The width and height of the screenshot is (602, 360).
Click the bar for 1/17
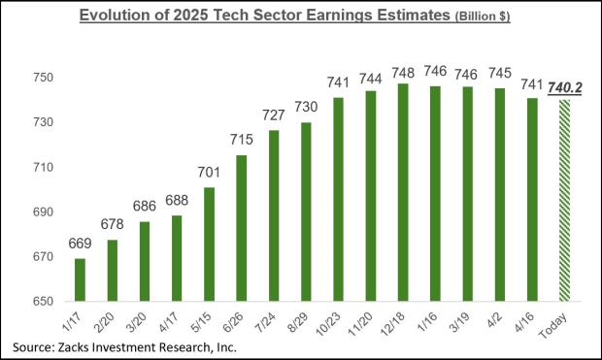pos(79,279)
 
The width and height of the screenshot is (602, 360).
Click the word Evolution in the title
pos(121,16)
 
